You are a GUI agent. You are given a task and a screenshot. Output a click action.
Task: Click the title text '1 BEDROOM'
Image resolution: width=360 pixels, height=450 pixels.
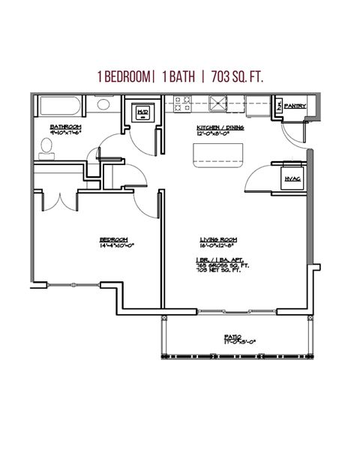tap(124, 76)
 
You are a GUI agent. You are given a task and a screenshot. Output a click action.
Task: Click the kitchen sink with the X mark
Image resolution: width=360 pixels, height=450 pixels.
tap(218, 103)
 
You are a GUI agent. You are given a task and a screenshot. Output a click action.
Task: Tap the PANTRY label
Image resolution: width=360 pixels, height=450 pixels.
tap(295, 106)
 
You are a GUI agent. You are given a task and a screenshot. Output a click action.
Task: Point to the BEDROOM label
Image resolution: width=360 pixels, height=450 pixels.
tap(113, 240)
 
